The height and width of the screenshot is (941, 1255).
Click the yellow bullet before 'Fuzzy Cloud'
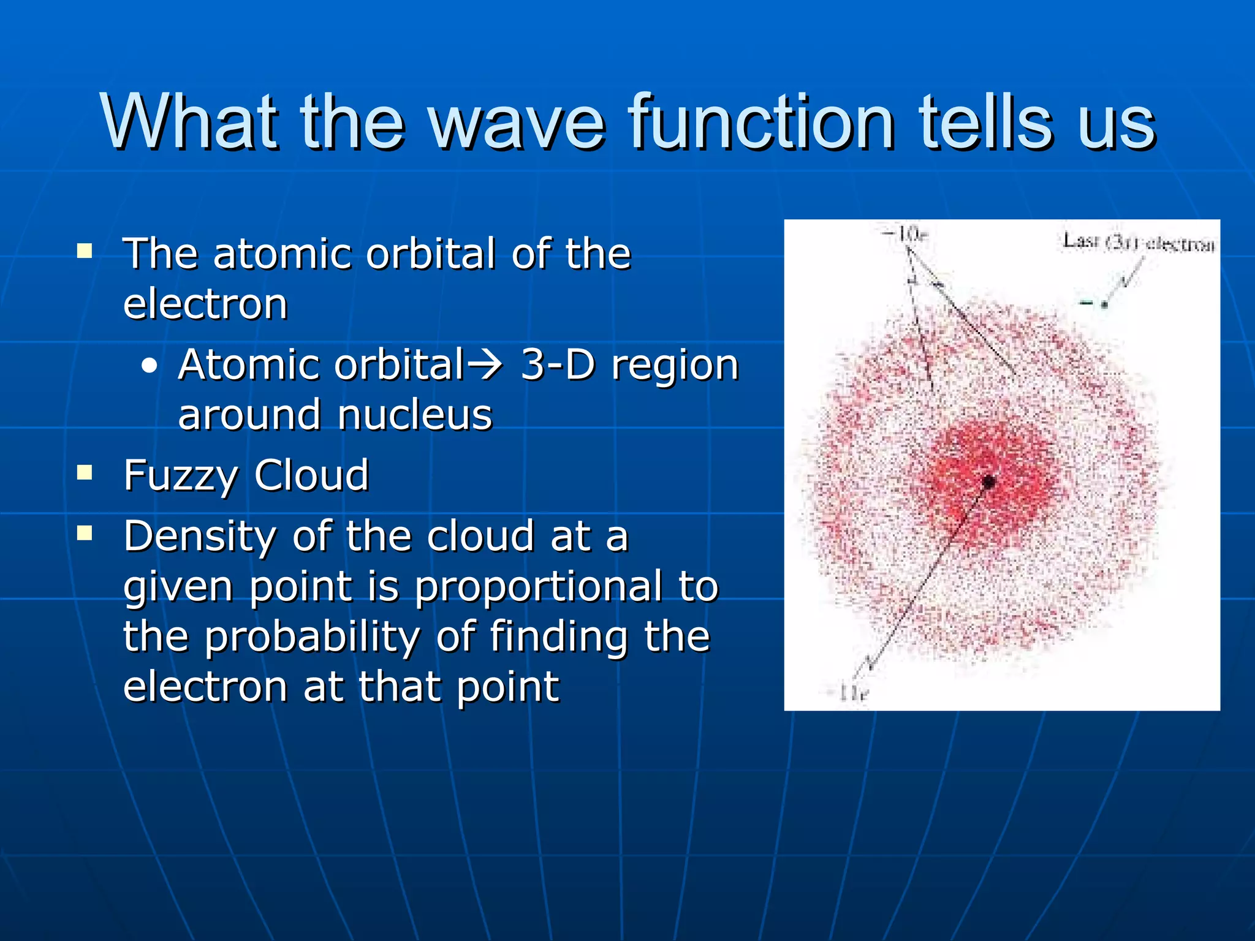tap(85, 472)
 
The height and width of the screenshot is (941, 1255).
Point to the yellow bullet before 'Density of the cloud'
tap(85, 534)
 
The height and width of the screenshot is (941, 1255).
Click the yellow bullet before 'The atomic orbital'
tap(85, 251)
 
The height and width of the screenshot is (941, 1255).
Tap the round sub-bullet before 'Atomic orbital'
tap(149, 366)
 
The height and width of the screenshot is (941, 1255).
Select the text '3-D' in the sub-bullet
tap(558, 365)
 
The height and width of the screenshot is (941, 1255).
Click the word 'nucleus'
tap(415, 415)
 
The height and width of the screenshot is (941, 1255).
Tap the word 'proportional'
tap(539, 587)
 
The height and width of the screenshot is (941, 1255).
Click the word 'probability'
tap(312, 637)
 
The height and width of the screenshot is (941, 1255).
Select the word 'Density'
tap(199, 536)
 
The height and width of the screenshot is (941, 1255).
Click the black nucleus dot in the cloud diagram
tap(988, 482)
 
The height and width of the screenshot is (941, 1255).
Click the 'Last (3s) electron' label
tap(1139, 242)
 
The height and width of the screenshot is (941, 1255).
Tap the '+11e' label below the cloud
tap(848, 693)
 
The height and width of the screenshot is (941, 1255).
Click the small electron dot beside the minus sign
tap(1104, 304)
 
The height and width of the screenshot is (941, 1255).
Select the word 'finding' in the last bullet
tap(558, 637)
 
